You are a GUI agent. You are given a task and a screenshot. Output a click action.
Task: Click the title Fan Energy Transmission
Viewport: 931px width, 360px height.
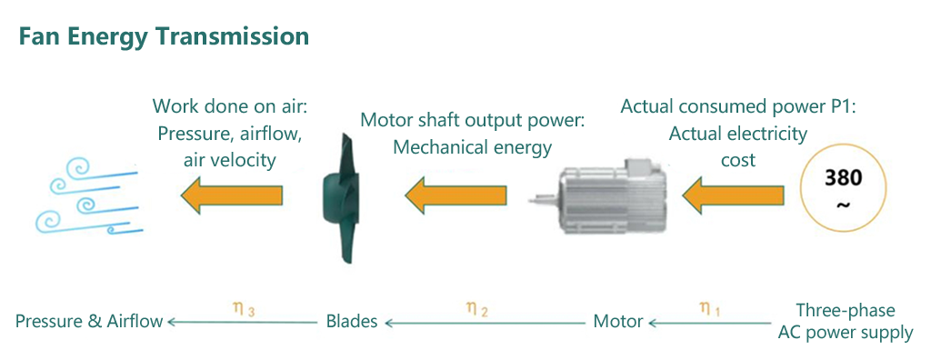164,37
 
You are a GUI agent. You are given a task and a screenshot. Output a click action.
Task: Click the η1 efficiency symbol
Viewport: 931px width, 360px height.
710,309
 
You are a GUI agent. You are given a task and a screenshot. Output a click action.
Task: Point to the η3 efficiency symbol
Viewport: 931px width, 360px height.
243,309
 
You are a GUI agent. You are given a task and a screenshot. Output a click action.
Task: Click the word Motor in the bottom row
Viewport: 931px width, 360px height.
618,321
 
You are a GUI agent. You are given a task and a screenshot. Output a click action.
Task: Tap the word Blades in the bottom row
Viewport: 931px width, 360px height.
352,321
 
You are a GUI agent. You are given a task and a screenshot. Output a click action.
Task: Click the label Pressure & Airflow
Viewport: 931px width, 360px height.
89,321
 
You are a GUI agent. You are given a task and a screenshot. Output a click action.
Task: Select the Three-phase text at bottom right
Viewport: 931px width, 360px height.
846,310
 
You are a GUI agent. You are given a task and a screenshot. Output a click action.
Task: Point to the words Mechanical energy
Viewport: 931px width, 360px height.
472,145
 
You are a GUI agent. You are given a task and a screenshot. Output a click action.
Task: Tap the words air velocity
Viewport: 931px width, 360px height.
229,159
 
